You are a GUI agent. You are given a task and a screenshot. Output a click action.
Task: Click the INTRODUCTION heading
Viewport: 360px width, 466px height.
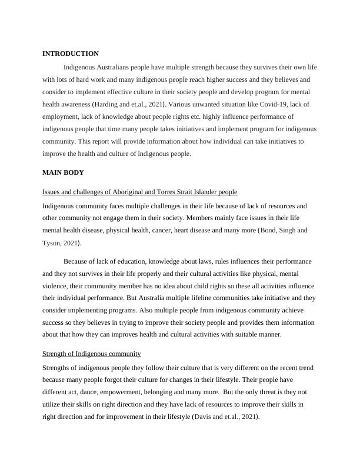71,54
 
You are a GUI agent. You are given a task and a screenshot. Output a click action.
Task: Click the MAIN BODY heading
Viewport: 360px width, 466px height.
63,172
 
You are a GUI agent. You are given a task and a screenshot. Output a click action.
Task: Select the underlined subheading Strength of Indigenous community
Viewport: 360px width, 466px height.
91,354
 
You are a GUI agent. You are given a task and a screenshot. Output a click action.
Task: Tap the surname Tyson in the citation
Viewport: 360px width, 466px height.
52,243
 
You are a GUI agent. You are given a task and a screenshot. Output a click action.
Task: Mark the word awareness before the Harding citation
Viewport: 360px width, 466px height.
74,104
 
